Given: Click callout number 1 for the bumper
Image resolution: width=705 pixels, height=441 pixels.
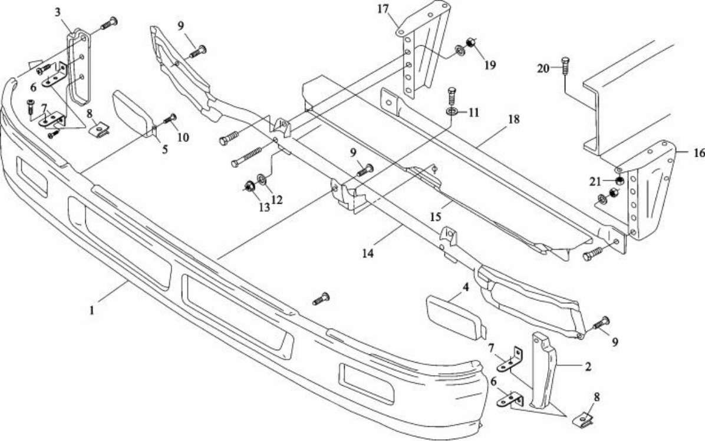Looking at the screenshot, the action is pyautogui.click(x=92, y=310).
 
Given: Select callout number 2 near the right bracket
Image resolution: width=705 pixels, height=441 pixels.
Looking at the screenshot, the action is pyautogui.click(x=588, y=367).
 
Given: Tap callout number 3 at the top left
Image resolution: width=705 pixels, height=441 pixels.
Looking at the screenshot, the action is pyautogui.click(x=58, y=12).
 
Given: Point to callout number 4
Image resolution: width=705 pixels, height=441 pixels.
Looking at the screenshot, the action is pyautogui.click(x=466, y=287).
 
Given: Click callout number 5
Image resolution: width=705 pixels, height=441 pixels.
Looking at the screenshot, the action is pyautogui.click(x=165, y=149).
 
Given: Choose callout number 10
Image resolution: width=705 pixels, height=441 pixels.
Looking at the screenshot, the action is pyautogui.click(x=183, y=137).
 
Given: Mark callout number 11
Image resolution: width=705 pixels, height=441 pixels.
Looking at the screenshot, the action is pyautogui.click(x=474, y=112).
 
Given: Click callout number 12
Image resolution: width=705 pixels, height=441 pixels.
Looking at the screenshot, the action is pyautogui.click(x=277, y=200).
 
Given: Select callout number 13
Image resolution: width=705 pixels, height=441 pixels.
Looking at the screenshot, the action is pyautogui.click(x=264, y=207).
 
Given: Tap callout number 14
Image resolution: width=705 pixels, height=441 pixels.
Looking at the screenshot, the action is pyautogui.click(x=368, y=253).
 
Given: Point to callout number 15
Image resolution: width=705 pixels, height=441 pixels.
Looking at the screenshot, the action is pyautogui.click(x=435, y=217).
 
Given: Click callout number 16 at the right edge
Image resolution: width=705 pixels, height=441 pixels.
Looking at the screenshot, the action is pyautogui.click(x=699, y=154).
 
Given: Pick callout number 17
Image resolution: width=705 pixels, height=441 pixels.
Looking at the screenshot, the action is pyautogui.click(x=383, y=9).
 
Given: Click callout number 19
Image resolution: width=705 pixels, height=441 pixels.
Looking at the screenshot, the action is pyautogui.click(x=490, y=65).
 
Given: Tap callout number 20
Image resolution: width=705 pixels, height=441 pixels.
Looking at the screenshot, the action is pyautogui.click(x=543, y=68).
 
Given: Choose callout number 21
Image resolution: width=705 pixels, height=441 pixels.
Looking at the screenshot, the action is pyautogui.click(x=595, y=181).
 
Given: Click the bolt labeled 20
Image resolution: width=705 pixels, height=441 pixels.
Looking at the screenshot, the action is pyautogui.click(x=565, y=67).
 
